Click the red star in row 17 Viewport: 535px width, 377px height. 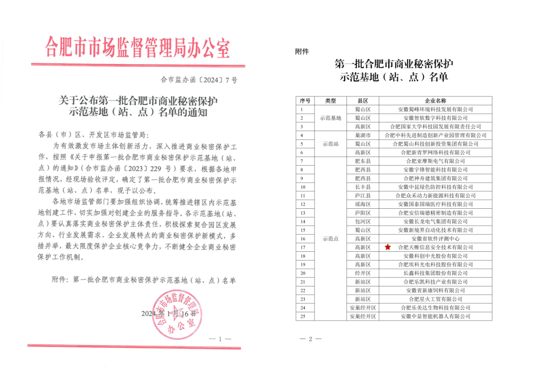(x=388, y=247)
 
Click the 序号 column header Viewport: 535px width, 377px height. (x=305, y=100)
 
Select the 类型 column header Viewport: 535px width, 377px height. (x=330, y=100)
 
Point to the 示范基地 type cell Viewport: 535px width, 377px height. (x=330, y=118)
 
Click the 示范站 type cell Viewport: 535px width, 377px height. (x=330, y=143)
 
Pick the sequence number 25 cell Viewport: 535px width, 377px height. (x=303, y=316)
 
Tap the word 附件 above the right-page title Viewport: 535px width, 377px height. (x=302, y=52)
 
